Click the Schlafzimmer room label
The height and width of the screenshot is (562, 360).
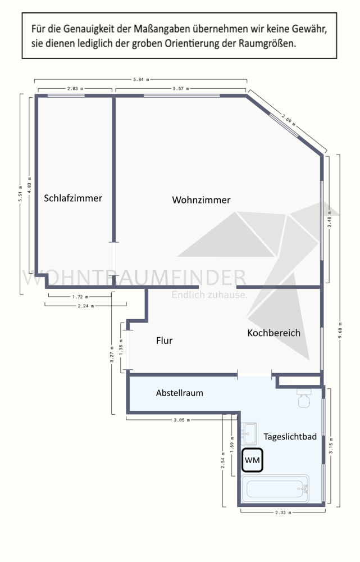click(73, 198)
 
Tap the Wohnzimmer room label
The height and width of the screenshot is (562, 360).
click(201, 200)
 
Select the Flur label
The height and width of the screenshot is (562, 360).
click(164, 341)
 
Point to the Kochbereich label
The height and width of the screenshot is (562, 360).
click(274, 333)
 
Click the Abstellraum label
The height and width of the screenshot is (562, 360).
click(179, 393)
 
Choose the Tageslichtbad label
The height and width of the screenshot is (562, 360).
click(290, 437)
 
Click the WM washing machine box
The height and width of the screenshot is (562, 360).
click(252, 460)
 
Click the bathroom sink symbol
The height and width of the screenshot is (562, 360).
click(249, 432)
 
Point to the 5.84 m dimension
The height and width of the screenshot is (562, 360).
click(141, 80)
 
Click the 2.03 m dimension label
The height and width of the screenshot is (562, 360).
click(75, 89)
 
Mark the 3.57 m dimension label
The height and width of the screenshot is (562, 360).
click(180, 89)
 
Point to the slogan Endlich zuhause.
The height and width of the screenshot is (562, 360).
click(209, 294)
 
